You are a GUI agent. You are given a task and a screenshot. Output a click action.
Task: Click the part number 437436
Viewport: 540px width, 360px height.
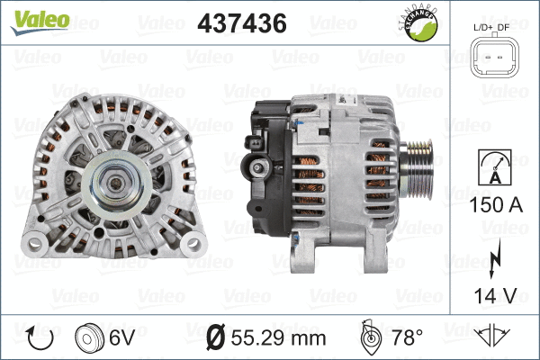(x=241, y=22)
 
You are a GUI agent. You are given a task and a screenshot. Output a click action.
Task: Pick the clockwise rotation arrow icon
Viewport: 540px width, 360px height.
(x=40, y=337)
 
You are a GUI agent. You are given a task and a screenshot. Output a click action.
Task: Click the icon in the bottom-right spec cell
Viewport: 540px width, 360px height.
(x=494, y=337)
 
